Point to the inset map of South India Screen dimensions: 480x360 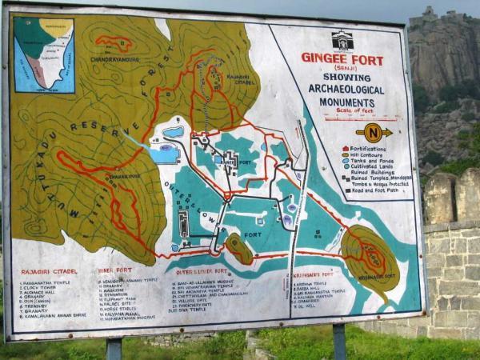(x=44, y=54)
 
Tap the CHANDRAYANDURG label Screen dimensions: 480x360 (x=114, y=59)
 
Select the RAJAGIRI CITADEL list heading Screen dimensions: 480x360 (x=45, y=272)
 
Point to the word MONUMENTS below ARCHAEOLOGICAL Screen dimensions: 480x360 (x=347, y=102)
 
